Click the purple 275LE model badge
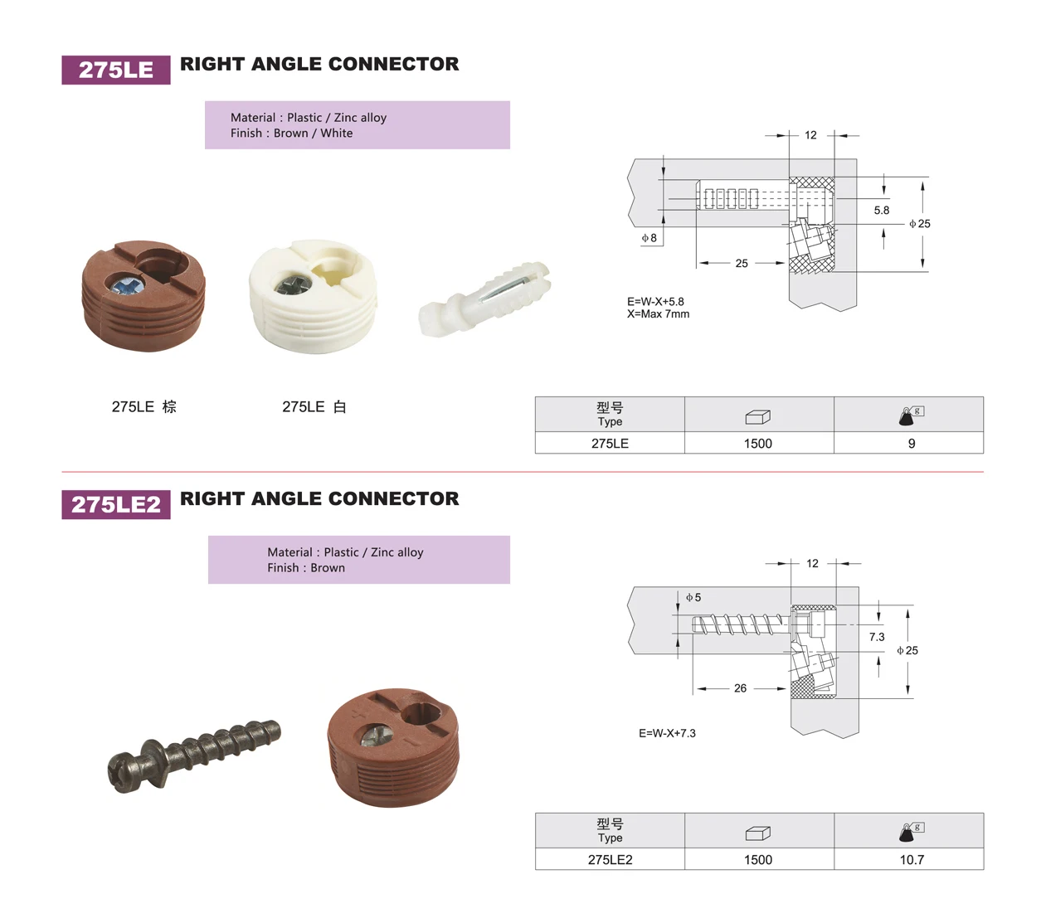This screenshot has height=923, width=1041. pyautogui.click(x=116, y=70)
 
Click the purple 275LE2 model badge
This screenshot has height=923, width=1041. pyautogui.click(x=116, y=504)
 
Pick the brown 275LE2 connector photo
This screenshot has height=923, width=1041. pyautogui.click(x=392, y=746)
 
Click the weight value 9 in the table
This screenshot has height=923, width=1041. pyautogui.click(x=911, y=444)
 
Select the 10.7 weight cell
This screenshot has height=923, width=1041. pyautogui.click(x=911, y=860)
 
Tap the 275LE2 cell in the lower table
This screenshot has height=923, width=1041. pyautogui.click(x=610, y=860)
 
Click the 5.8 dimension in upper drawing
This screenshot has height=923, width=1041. pyautogui.click(x=881, y=211)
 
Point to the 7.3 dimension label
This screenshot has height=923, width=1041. pyautogui.click(x=877, y=637)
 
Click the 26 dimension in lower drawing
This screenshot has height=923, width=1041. pyautogui.click(x=740, y=688)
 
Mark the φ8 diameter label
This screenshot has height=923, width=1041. pyautogui.click(x=649, y=238)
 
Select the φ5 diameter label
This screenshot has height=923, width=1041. pyautogui.click(x=693, y=597)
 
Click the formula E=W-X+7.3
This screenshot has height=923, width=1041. pyautogui.click(x=667, y=733)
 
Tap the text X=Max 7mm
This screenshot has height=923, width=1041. pyautogui.click(x=658, y=314)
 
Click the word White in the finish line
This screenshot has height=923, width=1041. pyautogui.click(x=337, y=134)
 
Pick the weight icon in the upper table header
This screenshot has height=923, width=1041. pyautogui.click(x=911, y=415)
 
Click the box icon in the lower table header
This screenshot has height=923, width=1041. pyautogui.click(x=757, y=833)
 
